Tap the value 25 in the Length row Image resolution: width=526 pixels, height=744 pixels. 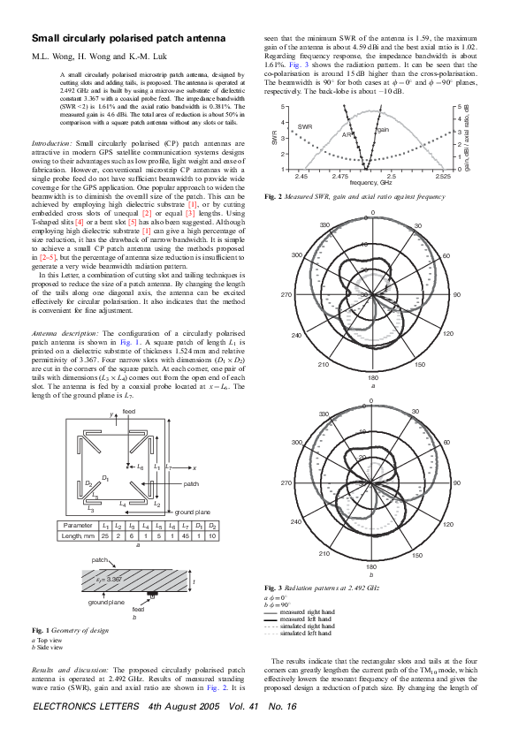click(105, 535)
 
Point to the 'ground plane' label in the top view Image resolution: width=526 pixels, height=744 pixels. click(192, 512)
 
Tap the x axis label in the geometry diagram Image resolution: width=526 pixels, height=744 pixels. click(194, 467)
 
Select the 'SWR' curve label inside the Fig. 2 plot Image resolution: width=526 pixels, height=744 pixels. click(305, 127)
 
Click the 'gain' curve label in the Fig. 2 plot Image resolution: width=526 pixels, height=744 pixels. click(384, 129)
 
